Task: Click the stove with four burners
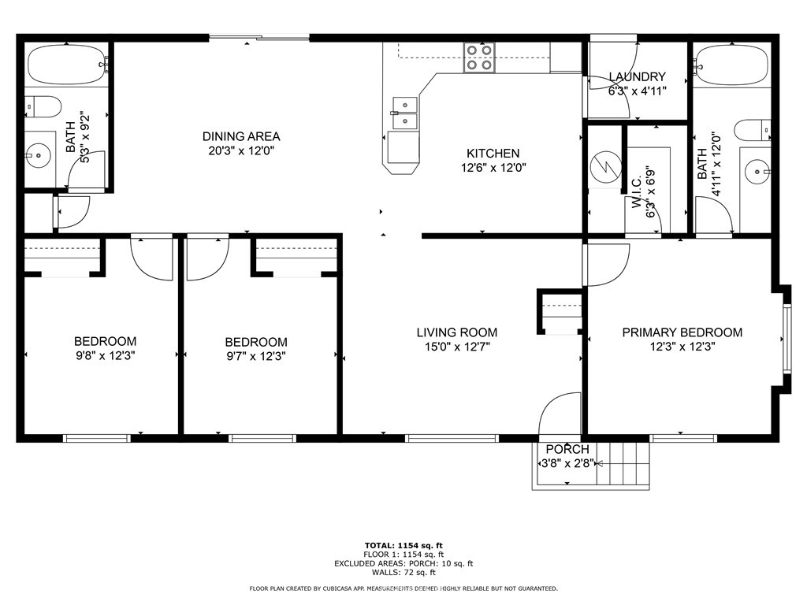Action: pyautogui.click(x=479, y=57)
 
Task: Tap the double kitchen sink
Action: pyautogui.click(x=405, y=113)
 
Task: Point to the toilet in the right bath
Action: pyautogui.click(x=753, y=130)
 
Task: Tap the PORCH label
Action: pyautogui.click(x=567, y=449)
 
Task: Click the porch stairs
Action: pyautogui.click(x=623, y=463)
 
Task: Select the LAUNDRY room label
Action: pyautogui.click(x=637, y=76)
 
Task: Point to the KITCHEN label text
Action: pyautogui.click(x=493, y=154)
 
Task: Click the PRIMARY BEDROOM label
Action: pyautogui.click(x=682, y=332)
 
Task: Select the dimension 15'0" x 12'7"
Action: pyautogui.click(x=457, y=347)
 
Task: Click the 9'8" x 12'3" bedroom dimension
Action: pyautogui.click(x=106, y=355)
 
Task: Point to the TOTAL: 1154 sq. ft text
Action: pyautogui.click(x=403, y=545)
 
